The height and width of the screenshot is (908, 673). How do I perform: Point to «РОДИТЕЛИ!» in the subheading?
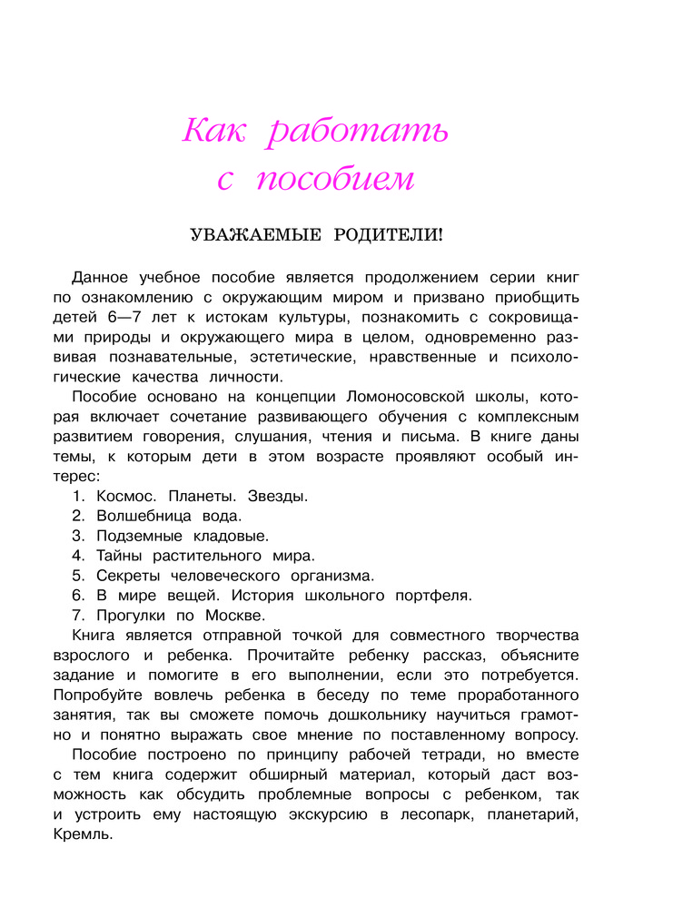click(x=390, y=235)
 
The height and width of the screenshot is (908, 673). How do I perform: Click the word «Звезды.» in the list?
click(x=277, y=497)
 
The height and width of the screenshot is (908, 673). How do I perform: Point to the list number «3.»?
click(x=78, y=537)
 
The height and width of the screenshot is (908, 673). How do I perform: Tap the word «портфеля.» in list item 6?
click(x=432, y=596)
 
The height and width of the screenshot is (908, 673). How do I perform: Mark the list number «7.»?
click(x=78, y=616)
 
